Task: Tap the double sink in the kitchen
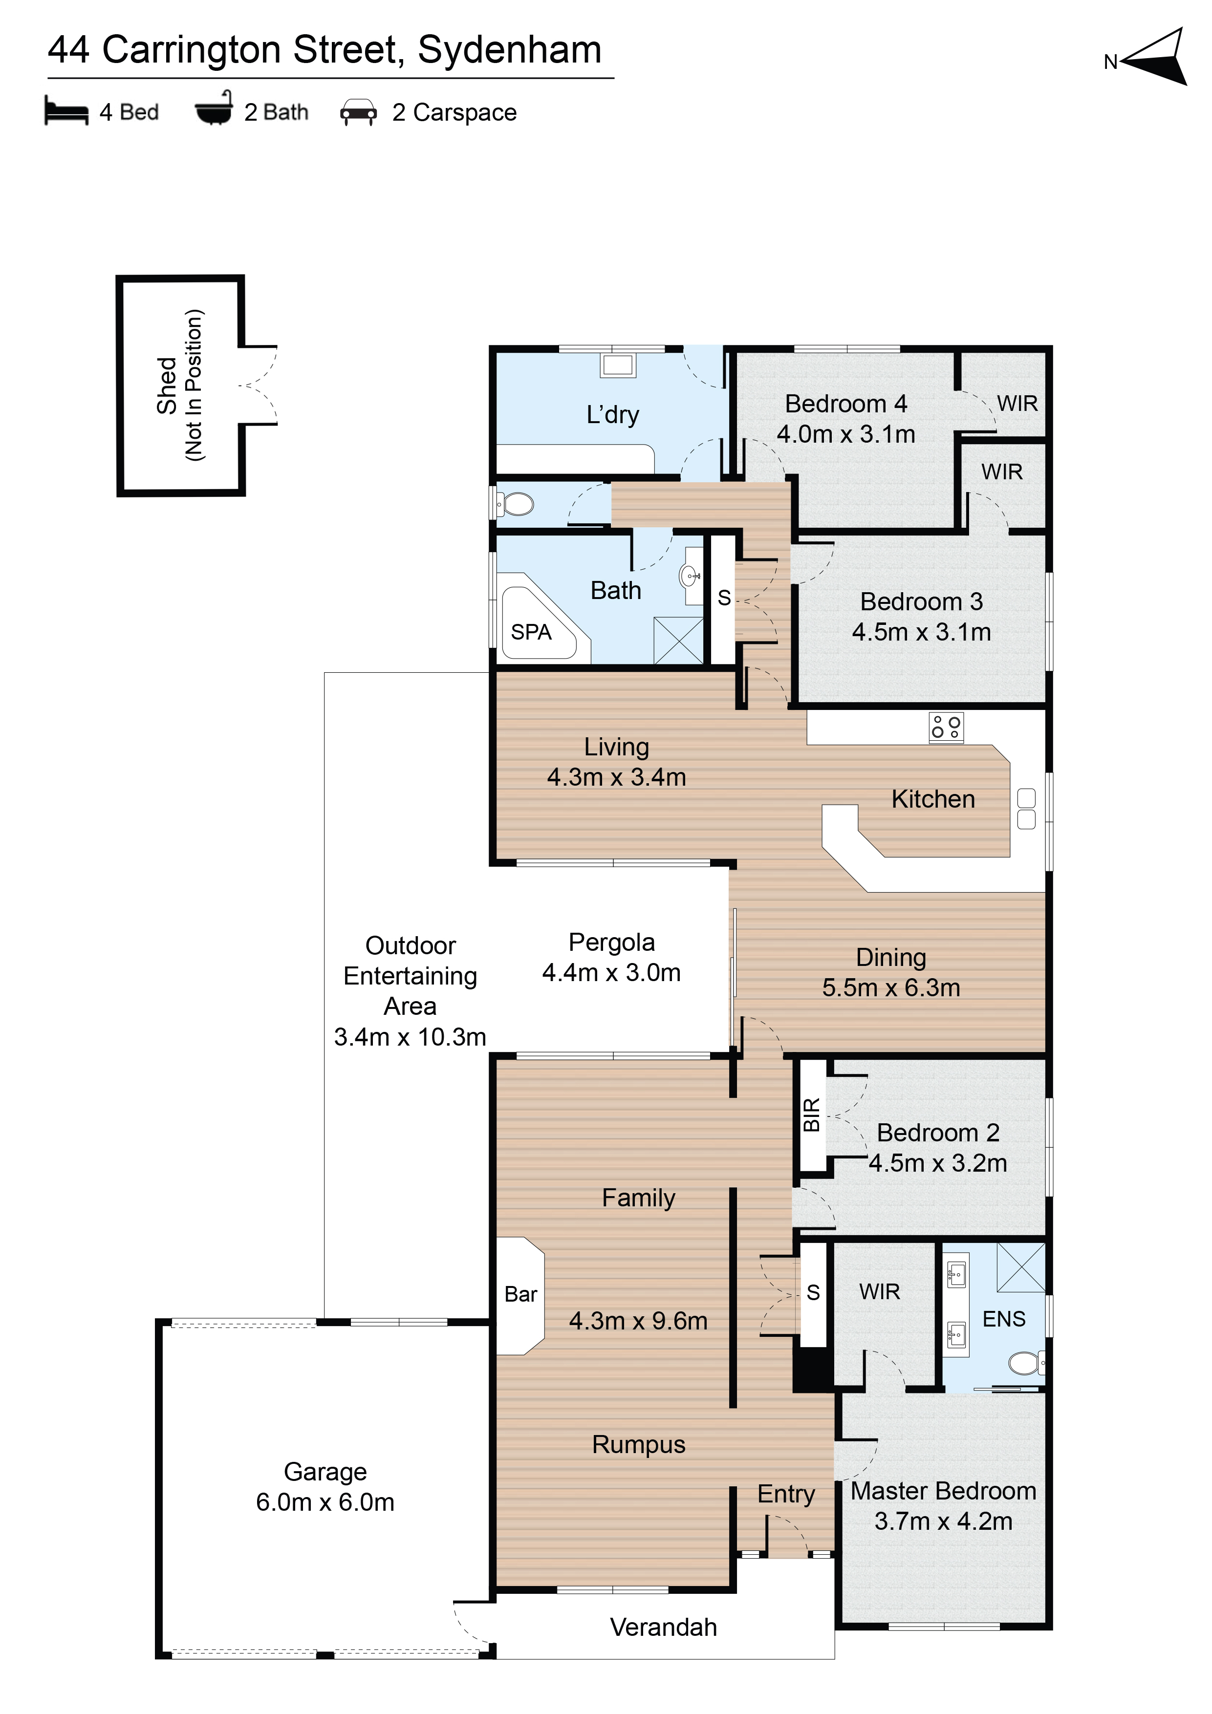[x=1026, y=809]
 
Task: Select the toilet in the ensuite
[x=1027, y=1363]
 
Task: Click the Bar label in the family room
[x=520, y=1294]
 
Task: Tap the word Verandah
[x=663, y=1628]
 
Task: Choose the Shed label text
[x=167, y=385]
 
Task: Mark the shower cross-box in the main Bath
[x=678, y=641]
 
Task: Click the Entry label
[x=785, y=1494]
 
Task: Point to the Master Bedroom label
[x=943, y=1491]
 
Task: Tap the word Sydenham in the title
[x=509, y=50]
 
